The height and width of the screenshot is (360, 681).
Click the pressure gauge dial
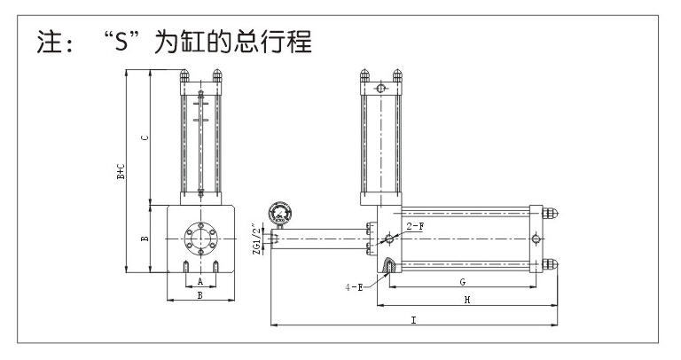tap(280, 213)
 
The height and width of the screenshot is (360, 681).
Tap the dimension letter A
tap(200, 281)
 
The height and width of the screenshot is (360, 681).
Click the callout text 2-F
tap(414, 228)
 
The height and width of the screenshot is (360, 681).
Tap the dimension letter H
tap(466, 301)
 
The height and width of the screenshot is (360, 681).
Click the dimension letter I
tap(413, 319)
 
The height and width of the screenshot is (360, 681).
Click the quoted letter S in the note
tap(121, 42)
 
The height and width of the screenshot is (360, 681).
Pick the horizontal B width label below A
tap(200, 296)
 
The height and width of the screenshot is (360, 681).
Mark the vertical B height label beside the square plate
tap(145, 238)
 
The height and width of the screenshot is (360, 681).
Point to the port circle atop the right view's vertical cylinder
tap(380, 90)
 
